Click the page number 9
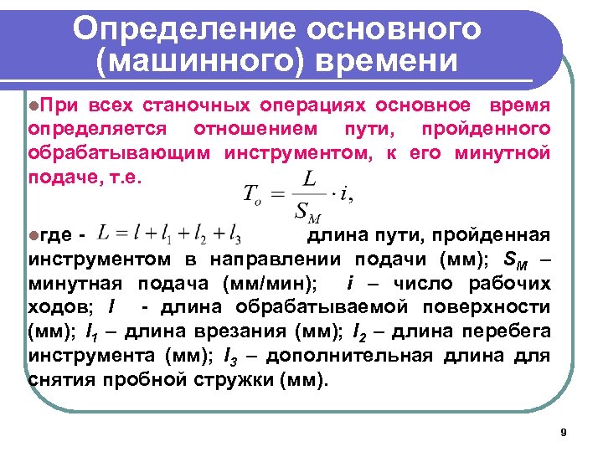(x=563, y=432)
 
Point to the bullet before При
(x=33, y=107)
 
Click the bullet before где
(x=33, y=233)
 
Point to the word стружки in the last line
(x=204, y=379)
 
